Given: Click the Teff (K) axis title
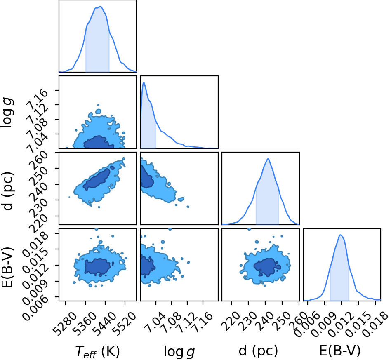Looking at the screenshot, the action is pyautogui.click(x=97, y=352).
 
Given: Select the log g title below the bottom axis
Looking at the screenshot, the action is pyautogui.click(x=179, y=352).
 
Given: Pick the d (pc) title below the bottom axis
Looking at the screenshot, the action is pyautogui.click(x=258, y=351).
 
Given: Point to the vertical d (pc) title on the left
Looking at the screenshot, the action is pyautogui.click(x=7, y=191).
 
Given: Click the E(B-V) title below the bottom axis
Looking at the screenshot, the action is pyautogui.click(x=340, y=351).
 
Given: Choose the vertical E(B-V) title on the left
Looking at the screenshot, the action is pyautogui.click(x=7, y=267).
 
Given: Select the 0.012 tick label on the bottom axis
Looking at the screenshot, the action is pyautogui.click(x=340, y=324).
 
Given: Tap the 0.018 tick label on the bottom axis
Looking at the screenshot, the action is pyautogui.click(x=375, y=324).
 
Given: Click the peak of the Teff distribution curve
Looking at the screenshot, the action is pyautogui.click(x=100, y=7).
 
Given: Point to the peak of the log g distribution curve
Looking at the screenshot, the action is pyautogui.click(x=144, y=82).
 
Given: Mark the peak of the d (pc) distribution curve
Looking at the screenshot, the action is pyautogui.click(x=268, y=159).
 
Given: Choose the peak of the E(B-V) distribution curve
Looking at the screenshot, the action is pyautogui.click(x=340, y=235).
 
